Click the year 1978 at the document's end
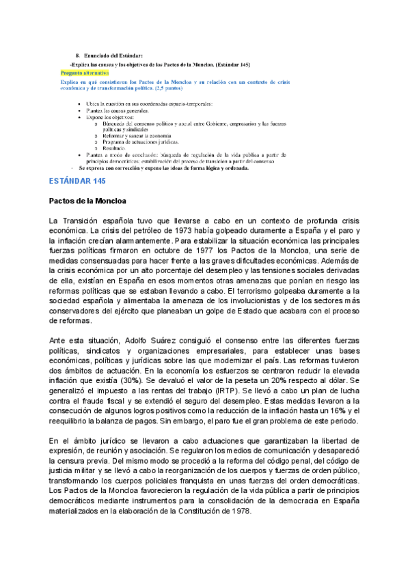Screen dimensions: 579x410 pos(239,511)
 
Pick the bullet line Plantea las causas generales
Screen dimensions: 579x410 pos(117,109)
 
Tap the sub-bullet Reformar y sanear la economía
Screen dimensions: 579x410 pos(137,136)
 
